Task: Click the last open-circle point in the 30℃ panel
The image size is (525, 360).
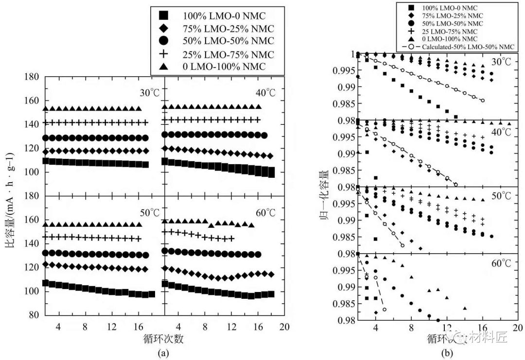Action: (482, 101)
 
